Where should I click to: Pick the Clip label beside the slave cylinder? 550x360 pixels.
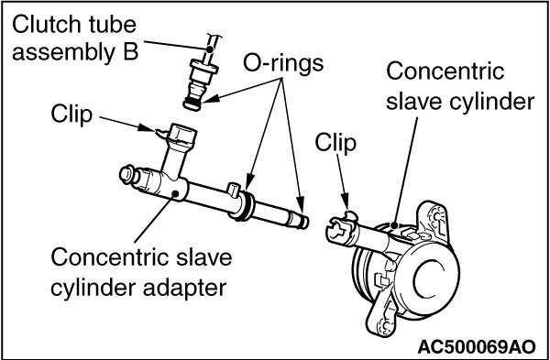pos(334,143)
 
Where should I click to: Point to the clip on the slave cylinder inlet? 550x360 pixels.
pos(341,222)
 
